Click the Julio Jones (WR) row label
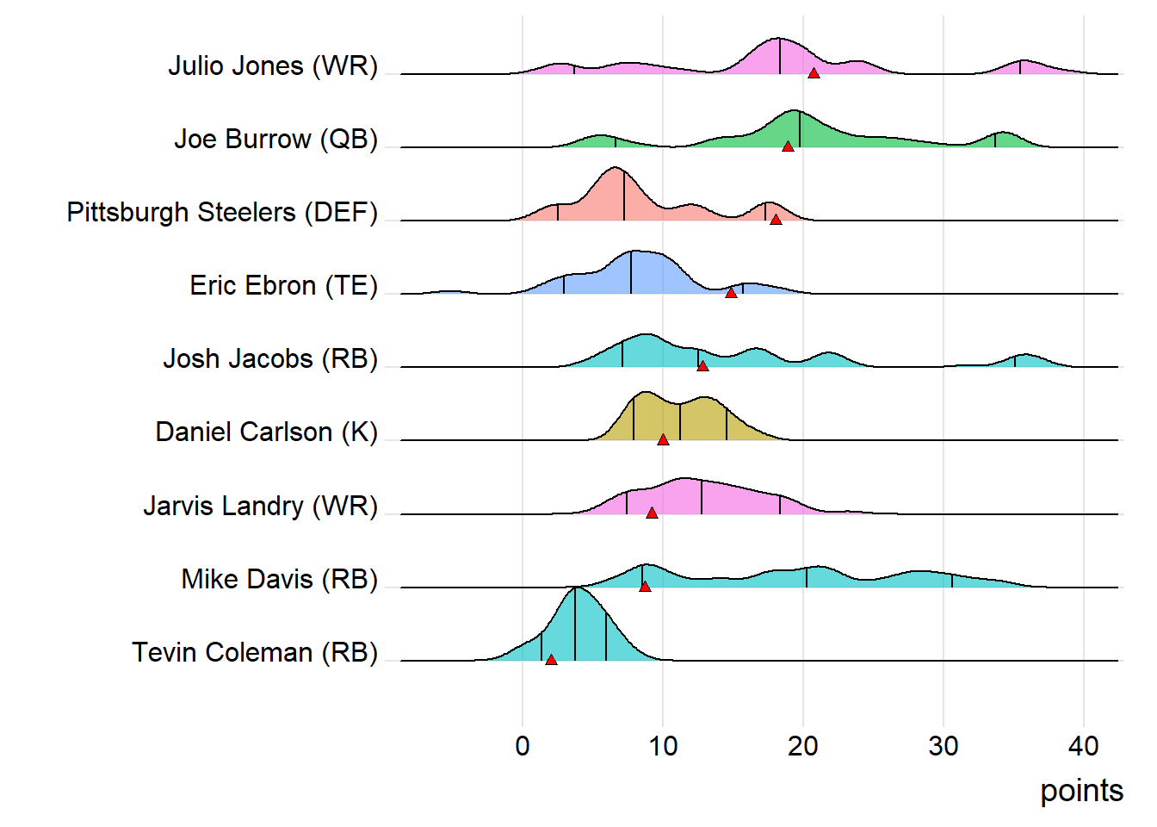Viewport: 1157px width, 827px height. [x=273, y=65]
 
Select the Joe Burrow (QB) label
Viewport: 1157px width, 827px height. [x=275, y=139]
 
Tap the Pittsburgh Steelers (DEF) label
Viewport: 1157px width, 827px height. [x=222, y=212]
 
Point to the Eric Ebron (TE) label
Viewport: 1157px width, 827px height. [x=283, y=285]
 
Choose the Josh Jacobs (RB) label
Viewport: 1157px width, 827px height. [x=270, y=358]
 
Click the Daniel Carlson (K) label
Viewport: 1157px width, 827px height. [x=266, y=432]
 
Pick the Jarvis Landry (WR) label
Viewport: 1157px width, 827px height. [x=260, y=506]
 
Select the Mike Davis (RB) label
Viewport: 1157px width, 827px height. [x=279, y=579]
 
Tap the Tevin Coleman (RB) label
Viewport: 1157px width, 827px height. [x=255, y=652]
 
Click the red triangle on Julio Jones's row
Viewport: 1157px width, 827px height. [x=814, y=73]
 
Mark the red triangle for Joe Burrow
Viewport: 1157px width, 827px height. [x=788, y=146]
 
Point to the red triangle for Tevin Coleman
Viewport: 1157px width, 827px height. [x=551, y=660]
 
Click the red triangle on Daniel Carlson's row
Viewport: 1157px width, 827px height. [x=663, y=439]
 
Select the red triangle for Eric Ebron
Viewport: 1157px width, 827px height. [x=731, y=293]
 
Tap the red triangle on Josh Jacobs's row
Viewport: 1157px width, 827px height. [x=702, y=366]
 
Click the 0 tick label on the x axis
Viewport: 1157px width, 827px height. [x=523, y=746]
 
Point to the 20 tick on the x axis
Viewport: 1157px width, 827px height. [x=803, y=746]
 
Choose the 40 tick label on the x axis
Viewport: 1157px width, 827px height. [x=1084, y=746]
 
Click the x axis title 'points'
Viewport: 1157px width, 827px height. [x=1081, y=790]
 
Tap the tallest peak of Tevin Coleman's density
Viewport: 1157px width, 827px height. [x=576, y=588]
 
